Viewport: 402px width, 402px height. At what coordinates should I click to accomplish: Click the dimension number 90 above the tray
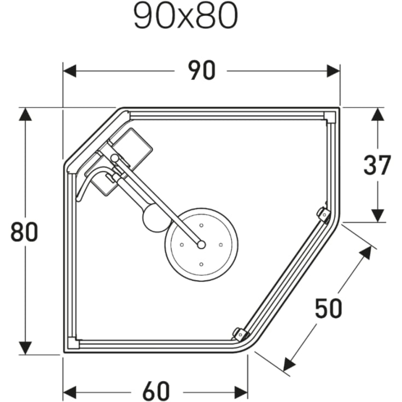202,71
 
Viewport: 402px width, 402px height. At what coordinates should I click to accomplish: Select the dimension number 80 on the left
24,232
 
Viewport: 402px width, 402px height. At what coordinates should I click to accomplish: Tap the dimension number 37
377,166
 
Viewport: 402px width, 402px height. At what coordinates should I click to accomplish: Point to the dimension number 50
328,309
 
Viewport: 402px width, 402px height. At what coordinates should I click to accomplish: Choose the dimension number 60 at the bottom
156,392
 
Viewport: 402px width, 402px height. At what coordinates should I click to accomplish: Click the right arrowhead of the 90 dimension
334,71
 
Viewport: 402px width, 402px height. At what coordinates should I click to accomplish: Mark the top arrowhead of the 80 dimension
25,114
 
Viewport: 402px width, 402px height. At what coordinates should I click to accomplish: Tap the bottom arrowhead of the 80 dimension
25,348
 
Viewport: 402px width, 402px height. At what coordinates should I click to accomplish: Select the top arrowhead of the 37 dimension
377,114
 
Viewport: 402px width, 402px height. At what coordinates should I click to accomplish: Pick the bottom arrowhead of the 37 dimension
377,215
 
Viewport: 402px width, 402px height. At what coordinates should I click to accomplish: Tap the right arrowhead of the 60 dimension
241,392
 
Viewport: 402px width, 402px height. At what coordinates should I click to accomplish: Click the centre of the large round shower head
201,244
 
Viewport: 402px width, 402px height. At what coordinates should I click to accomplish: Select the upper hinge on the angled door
323,214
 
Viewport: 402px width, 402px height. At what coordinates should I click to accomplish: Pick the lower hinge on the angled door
240,333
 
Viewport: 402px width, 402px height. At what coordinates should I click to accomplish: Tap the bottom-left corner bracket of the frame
73,345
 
